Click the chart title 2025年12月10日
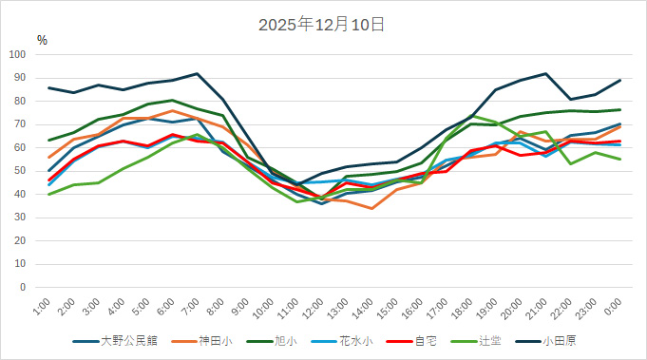[x=322, y=24]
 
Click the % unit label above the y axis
[x=42, y=40]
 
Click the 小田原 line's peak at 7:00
[x=197, y=73]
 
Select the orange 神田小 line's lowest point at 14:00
[x=371, y=208]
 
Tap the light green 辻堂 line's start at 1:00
[x=48, y=194]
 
